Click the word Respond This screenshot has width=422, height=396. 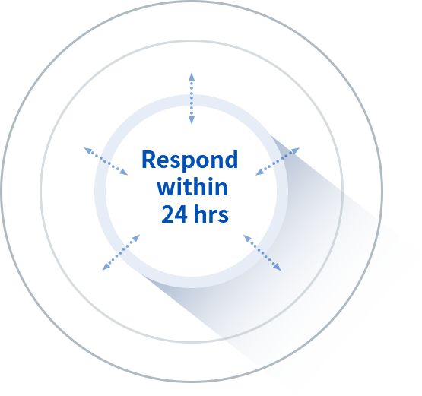click(x=190, y=160)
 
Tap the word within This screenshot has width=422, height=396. click(x=192, y=187)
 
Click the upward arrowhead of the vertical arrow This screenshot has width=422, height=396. click(x=192, y=77)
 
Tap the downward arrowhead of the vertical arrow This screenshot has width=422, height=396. click(x=192, y=120)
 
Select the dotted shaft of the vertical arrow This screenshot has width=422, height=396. click(x=192, y=99)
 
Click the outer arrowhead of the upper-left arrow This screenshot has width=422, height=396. click(x=88, y=150)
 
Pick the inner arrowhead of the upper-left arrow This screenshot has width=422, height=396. click(x=124, y=172)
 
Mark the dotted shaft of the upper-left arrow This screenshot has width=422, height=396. click(x=106, y=161)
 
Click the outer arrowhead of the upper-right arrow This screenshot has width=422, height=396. click(x=295, y=150)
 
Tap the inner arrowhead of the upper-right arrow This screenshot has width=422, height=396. click(x=260, y=172)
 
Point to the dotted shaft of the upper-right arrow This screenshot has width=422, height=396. click(x=278, y=161)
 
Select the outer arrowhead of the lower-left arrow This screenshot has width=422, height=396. click(x=106, y=267)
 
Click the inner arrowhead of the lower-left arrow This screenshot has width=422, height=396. click(x=136, y=238)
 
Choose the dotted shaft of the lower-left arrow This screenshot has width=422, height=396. click(x=121, y=252)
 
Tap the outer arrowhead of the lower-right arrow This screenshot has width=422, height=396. click(x=278, y=267)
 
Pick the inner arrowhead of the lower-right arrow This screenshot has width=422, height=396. click(x=247, y=239)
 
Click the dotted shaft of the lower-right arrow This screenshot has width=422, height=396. click(x=262, y=252)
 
